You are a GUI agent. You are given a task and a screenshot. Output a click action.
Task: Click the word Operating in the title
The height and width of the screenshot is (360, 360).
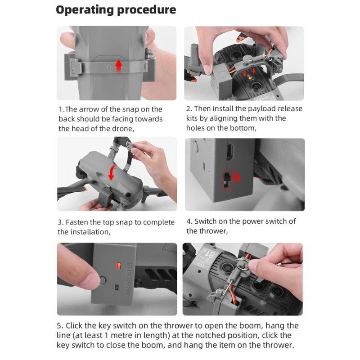pos(85,10)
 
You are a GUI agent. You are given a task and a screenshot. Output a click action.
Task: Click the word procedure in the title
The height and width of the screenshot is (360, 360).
pos(147,10)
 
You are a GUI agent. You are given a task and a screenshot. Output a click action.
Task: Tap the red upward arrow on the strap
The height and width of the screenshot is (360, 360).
pos(118,66)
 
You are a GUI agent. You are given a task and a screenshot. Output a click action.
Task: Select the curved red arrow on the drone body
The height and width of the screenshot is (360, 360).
pos(112,172)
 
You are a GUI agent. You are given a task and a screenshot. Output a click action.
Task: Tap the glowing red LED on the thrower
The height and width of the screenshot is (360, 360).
pos(118,265)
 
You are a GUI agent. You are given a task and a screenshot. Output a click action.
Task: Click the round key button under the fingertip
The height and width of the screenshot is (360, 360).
pos(103,280)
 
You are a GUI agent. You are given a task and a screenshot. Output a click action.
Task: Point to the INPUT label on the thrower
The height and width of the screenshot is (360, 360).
pos(129,270)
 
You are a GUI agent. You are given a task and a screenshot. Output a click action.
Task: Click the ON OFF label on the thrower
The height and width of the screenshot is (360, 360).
pos(128,289)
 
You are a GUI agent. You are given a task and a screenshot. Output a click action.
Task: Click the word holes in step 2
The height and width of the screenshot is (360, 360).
pos(195,128)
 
